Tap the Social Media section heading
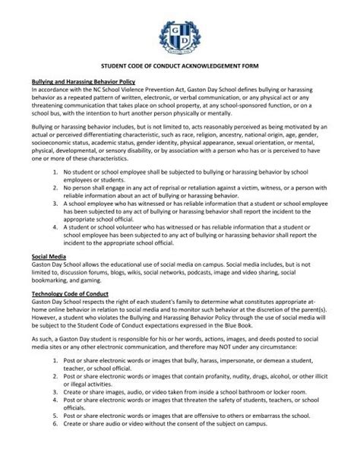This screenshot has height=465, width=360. [x=44, y=258]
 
